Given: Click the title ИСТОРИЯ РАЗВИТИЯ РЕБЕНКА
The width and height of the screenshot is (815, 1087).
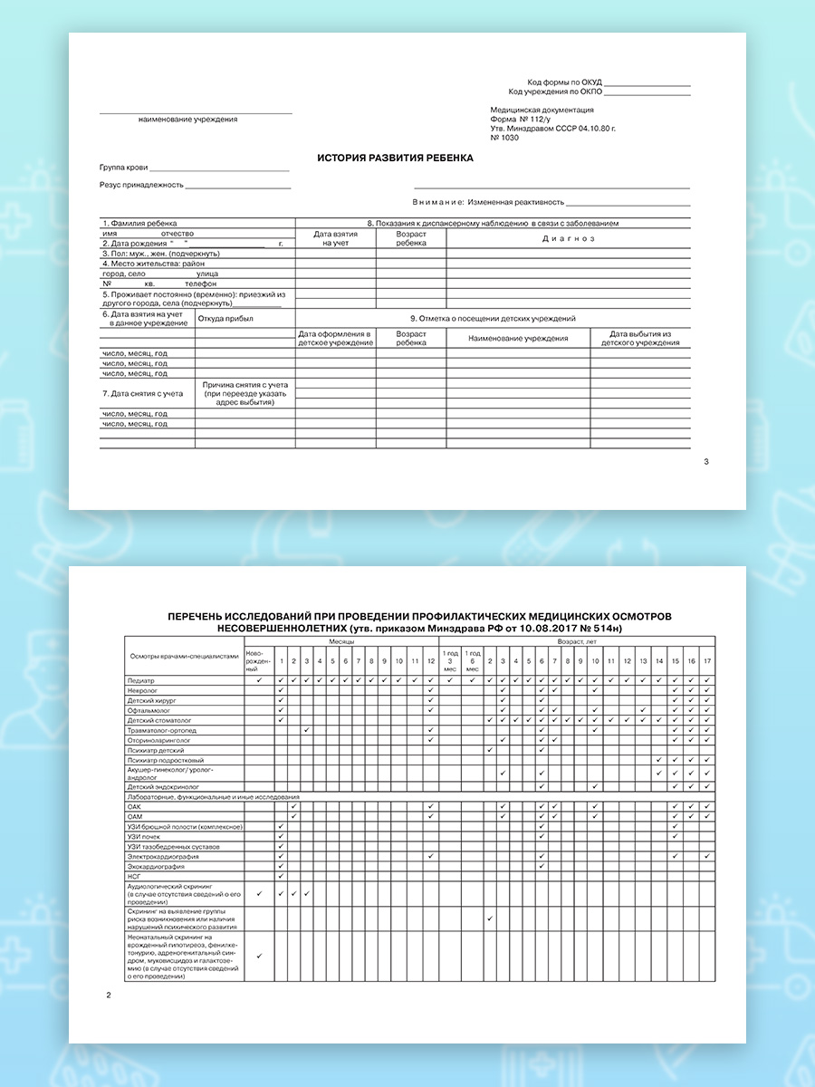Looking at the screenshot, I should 395,158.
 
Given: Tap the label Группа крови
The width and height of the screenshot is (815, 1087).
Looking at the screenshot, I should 124,168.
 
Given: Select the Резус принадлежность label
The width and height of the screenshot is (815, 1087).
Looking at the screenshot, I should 142,185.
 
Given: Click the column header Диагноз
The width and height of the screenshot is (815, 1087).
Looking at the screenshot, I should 568,238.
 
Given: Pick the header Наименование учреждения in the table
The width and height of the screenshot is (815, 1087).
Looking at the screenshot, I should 518,338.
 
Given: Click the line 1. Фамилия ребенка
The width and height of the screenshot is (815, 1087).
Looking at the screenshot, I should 140,223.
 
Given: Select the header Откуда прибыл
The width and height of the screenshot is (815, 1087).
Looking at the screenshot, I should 225,319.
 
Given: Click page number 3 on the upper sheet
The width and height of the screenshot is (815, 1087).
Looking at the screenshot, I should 706,462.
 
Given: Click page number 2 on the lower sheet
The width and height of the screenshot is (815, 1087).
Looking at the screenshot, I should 109,996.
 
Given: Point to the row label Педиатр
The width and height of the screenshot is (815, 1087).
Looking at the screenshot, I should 142,679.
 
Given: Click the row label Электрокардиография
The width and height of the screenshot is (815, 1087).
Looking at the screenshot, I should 164,856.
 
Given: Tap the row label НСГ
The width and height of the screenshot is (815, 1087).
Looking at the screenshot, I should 135,876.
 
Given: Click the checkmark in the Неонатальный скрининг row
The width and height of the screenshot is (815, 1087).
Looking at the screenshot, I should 260,956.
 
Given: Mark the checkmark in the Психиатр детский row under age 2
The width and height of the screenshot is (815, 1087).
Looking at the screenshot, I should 490,750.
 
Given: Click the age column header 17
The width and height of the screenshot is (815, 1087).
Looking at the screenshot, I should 707,661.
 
